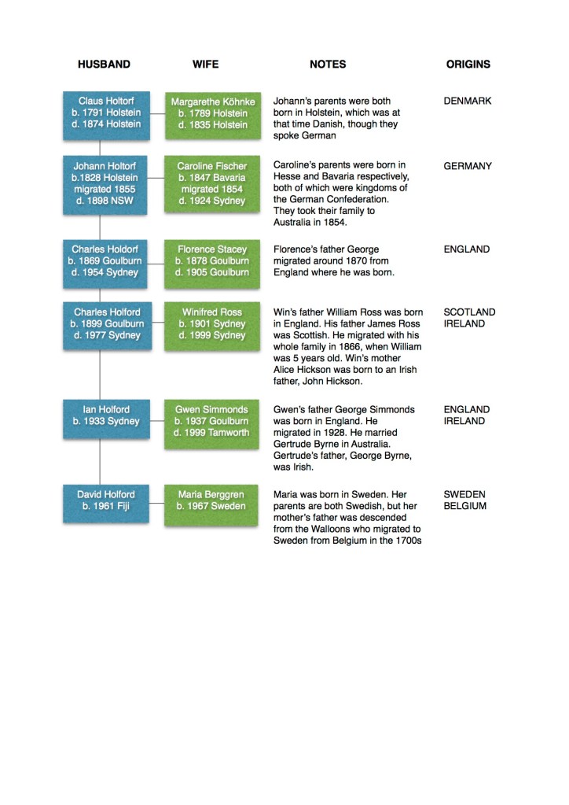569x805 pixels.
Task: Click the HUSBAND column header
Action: click(x=104, y=65)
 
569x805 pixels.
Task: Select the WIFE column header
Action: click(x=206, y=65)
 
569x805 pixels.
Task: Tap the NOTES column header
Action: click(x=328, y=65)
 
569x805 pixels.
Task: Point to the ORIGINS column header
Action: click(x=468, y=65)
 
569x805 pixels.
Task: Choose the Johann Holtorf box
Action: click(x=106, y=183)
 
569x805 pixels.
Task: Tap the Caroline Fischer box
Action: click(x=212, y=183)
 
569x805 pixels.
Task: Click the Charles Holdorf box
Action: click(x=106, y=261)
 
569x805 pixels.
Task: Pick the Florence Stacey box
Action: click(x=212, y=261)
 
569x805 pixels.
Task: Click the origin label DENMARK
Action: click(x=468, y=102)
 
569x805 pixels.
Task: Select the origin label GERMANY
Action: click(x=468, y=166)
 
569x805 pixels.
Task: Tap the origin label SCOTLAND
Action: click(x=469, y=312)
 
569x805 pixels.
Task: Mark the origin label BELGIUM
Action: click(x=465, y=506)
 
